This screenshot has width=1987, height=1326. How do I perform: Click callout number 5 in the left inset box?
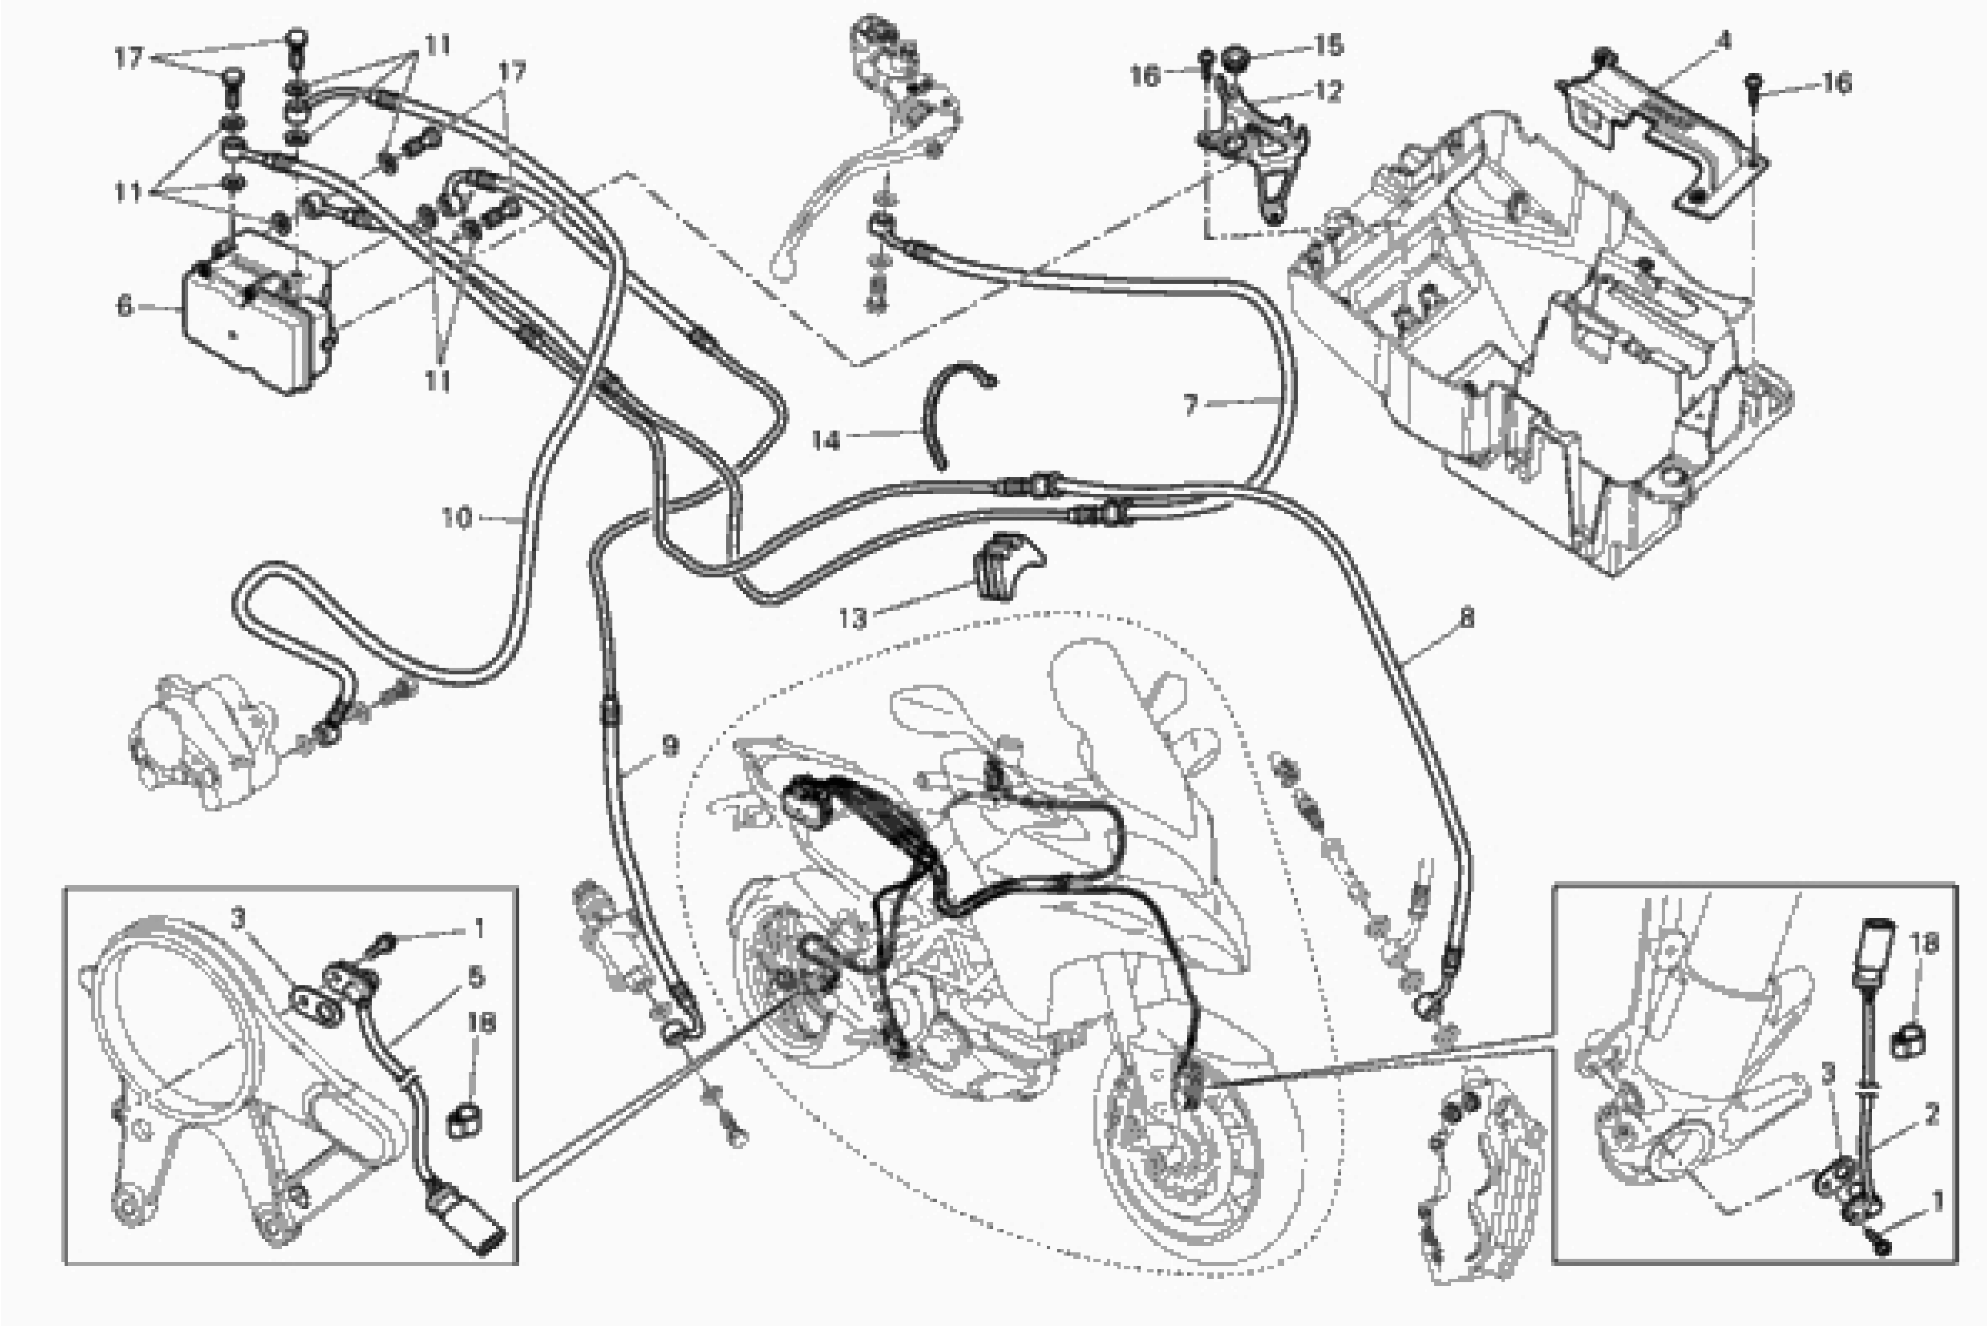[476, 978]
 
